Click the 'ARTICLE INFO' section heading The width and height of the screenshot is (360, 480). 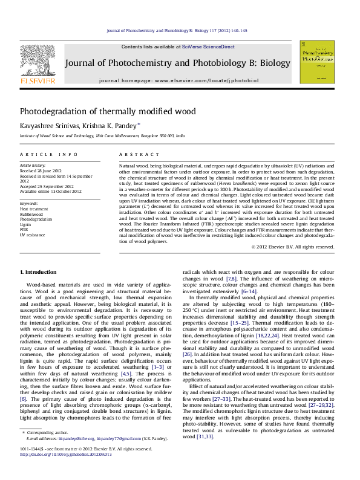coord(48,155)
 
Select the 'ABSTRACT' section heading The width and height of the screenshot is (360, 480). coord(134,155)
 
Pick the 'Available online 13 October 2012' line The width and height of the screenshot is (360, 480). coord(50,192)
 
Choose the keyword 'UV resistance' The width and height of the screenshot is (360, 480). coord(32,234)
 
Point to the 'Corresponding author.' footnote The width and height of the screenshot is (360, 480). coord(46,450)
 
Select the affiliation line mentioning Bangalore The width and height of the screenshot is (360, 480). coord(103,137)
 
